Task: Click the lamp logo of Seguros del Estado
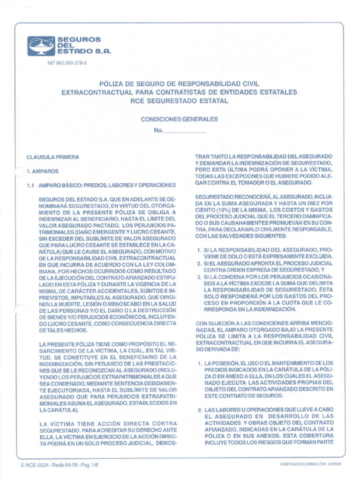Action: pyautogui.click(x=41, y=46)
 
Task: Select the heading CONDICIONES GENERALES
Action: pyautogui.click(x=180, y=120)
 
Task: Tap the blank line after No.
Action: pyautogui.click(x=186, y=131)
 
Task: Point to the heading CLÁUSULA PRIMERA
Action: pyautogui.click(x=52, y=157)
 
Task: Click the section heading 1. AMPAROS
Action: pyautogui.click(x=43, y=172)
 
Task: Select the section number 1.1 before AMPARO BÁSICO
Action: pyautogui.click(x=31, y=186)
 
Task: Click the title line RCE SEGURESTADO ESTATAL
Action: pyautogui.click(x=180, y=101)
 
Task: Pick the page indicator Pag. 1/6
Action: pyautogui.click(x=89, y=465)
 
